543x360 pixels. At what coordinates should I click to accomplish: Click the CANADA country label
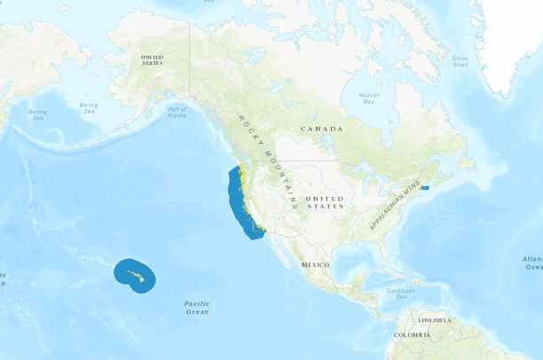point(321,129)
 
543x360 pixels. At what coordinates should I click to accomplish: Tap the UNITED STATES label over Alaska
point(153,59)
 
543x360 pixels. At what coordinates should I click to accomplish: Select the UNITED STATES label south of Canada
point(324,201)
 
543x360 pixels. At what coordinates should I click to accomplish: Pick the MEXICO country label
point(315,265)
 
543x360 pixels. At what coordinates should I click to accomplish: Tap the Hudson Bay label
point(368,98)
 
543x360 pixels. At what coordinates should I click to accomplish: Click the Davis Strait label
point(460,61)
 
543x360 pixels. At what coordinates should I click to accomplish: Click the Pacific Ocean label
point(197,308)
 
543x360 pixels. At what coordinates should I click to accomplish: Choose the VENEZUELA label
point(436,319)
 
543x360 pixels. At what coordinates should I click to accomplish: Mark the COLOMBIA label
point(413,334)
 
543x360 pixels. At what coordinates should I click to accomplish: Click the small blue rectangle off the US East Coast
point(425,187)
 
